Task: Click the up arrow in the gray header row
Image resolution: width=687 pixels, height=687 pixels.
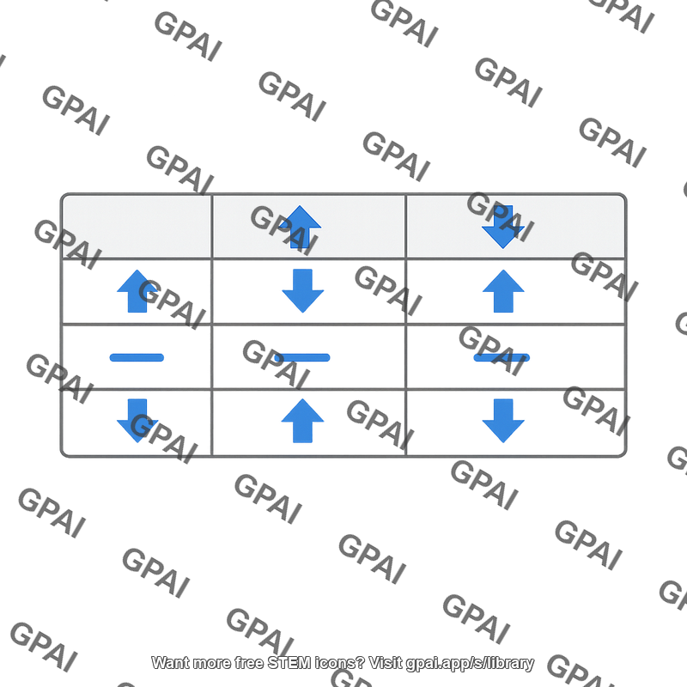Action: point(300,227)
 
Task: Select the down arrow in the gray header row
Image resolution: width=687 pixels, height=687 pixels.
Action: point(503,227)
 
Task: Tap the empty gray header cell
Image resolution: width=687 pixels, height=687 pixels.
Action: point(137,226)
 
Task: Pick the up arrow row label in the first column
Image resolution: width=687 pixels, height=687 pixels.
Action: point(137,291)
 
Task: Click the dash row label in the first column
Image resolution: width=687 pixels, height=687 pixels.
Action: point(137,357)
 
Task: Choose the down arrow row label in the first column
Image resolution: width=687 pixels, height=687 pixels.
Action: point(137,421)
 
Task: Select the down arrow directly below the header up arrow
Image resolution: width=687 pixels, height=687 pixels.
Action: point(303,291)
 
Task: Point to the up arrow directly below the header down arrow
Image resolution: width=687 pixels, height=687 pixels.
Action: point(503,291)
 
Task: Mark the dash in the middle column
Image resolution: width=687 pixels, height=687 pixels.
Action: point(303,357)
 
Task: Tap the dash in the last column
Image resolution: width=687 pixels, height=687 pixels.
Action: point(502,357)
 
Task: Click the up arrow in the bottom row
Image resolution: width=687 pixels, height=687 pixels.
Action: point(303,421)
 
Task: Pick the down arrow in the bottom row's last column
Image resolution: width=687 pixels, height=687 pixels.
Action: point(503,421)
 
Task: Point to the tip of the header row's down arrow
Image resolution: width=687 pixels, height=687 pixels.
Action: point(503,248)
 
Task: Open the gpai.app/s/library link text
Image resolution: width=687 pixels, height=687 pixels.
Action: point(470,663)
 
